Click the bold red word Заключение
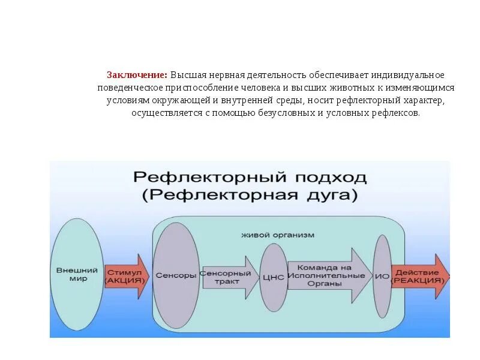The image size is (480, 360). click(137, 75)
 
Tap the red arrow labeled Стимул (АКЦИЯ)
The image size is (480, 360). click(126, 276)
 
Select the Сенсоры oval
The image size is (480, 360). click(176, 275)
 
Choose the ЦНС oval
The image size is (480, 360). click(273, 277)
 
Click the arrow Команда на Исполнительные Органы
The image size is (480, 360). click(327, 275)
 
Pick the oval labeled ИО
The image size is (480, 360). click(382, 275)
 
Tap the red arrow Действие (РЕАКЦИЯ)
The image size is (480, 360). click(419, 276)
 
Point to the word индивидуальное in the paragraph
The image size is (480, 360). click(408, 75)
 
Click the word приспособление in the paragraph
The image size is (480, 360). click(190, 88)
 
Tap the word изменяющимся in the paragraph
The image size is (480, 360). click(422, 88)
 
